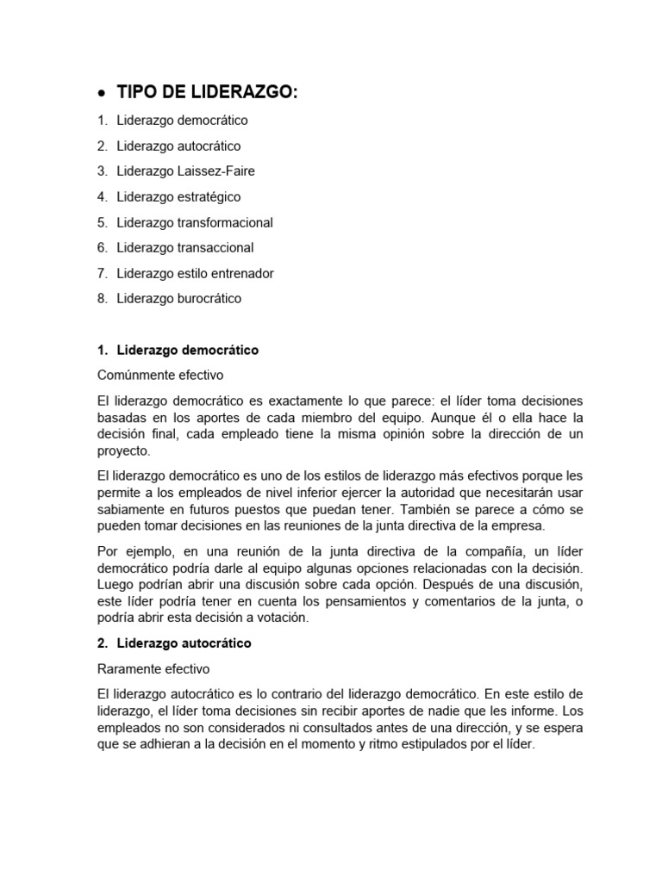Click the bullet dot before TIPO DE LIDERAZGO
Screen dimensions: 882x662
(103, 95)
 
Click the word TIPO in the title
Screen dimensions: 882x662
(138, 94)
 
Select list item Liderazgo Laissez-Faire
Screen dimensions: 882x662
(185, 171)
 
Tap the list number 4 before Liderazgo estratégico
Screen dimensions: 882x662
(102, 197)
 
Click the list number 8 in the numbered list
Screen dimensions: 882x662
(102, 299)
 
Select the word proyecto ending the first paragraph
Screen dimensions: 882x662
(124, 450)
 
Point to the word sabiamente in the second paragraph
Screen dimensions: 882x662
(129, 509)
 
